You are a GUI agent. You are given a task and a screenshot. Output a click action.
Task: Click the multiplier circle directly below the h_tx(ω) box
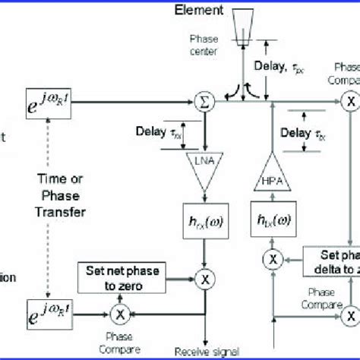[x=271, y=260]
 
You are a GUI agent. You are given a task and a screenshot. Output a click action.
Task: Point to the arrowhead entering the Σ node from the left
[x=190, y=99]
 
